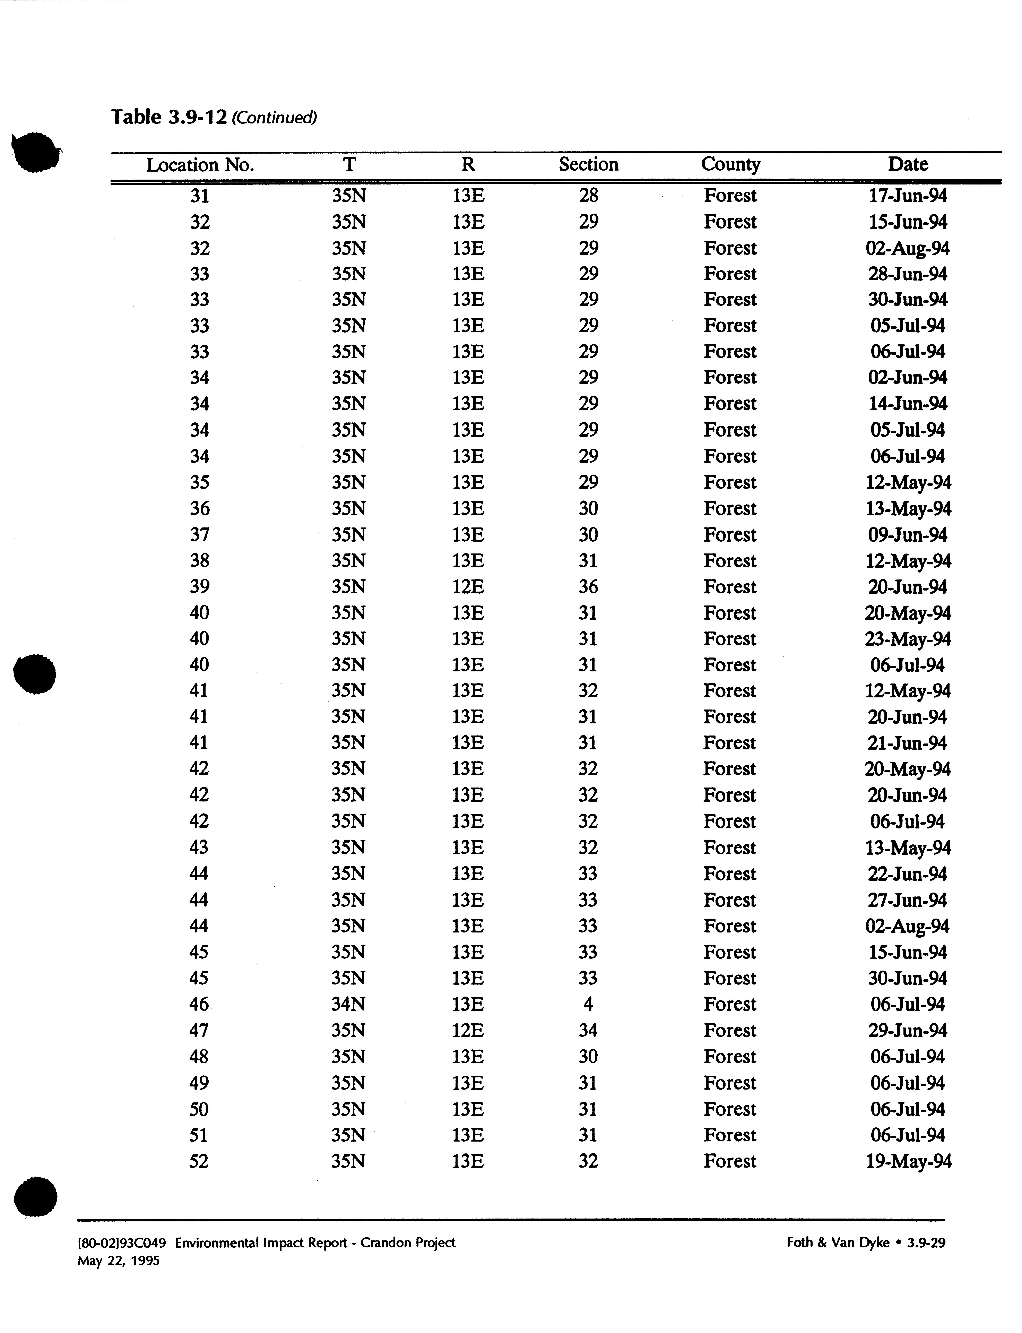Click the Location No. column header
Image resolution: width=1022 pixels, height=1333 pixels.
pyautogui.click(x=200, y=165)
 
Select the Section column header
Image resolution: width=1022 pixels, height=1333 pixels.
pyautogui.click(x=588, y=164)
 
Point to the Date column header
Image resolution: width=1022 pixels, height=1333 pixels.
pyautogui.click(x=908, y=164)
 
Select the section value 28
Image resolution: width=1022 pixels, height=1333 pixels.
pyautogui.click(x=588, y=195)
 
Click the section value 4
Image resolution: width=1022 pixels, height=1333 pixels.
pyautogui.click(x=588, y=1004)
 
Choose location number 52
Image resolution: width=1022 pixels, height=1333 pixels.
pyautogui.click(x=199, y=1161)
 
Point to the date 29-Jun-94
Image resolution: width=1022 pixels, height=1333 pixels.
pyautogui.click(x=908, y=1030)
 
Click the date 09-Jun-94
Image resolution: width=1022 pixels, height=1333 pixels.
pyautogui.click(x=908, y=535)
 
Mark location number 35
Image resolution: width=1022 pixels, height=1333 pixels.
pyautogui.click(x=200, y=482)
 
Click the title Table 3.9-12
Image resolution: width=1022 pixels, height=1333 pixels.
pyautogui.click(x=168, y=117)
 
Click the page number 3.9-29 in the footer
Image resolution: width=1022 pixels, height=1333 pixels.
pyautogui.click(x=926, y=1242)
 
